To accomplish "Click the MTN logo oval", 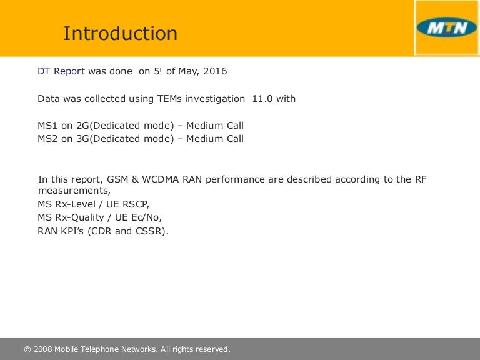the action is (x=447, y=27).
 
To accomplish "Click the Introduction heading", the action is (x=120, y=33).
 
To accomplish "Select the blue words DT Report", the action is (x=61, y=71).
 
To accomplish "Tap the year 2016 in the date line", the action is (x=215, y=71).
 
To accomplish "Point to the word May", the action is (x=189, y=72).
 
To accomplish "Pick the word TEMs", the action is (x=169, y=99).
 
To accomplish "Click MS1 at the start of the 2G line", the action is (x=47, y=126).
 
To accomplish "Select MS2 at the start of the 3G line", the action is (x=47, y=139).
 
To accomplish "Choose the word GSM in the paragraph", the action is (x=117, y=179).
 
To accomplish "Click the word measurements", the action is (x=74, y=191).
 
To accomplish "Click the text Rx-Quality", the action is (x=79, y=217).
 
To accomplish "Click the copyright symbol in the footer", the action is (x=27, y=349).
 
